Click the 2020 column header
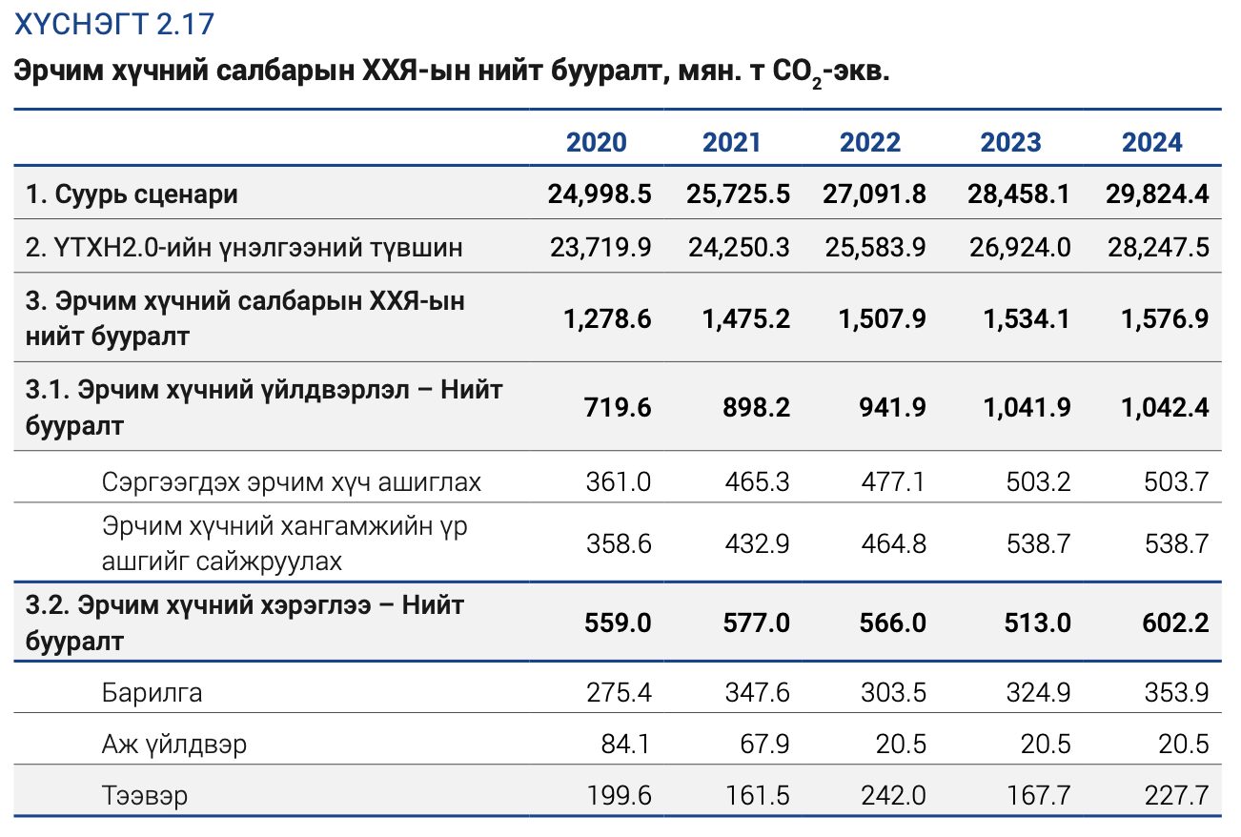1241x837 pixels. pyautogui.click(x=596, y=142)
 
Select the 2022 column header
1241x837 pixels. pyautogui.click(x=870, y=142)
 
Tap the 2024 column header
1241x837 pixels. pyautogui.click(x=1151, y=142)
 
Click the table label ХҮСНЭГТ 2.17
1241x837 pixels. pyautogui.click(x=114, y=24)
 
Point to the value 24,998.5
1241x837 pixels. pyautogui.click(x=600, y=194)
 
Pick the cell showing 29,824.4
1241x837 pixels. pyautogui.click(x=1157, y=194)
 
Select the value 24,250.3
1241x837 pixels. pyautogui.click(x=739, y=247)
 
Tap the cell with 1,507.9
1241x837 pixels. pyautogui.click(x=882, y=318)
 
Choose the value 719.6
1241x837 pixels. pyautogui.click(x=618, y=407)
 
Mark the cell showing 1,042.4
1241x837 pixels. pyautogui.click(x=1165, y=407)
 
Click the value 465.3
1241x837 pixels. pyautogui.click(x=757, y=481)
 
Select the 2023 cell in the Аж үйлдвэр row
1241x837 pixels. pyautogui.click(x=1046, y=744)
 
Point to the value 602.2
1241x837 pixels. pyautogui.click(x=1175, y=623)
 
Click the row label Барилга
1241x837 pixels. pyautogui.click(x=152, y=692)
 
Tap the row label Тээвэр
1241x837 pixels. pyautogui.click(x=145, y=795)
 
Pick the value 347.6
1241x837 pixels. pyautogui.click(x=757, y=692)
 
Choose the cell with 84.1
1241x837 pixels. pyautogui.click(x=625, y=744)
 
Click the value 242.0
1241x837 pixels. pyautogui.click(x=893, y=795)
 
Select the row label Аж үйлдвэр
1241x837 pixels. pyautogui.click(x=174, y=744)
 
